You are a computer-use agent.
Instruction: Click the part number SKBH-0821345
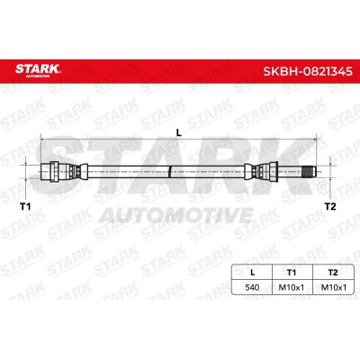click(x=308, y=72)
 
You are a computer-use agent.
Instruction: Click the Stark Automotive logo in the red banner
click(x=38, y=70)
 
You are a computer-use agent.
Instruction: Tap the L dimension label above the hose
click(x=179, y=132)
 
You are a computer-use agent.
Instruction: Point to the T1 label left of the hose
click(x=25, y=206)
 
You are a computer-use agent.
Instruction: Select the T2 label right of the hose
click(x=330, y=206)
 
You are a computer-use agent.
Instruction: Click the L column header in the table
click(x=252, y=273)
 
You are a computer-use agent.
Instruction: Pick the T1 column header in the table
click(x=292, y=273)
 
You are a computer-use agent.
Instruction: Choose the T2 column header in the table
click(x=333, y=273)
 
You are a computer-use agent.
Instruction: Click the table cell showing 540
click(x=252, y=287)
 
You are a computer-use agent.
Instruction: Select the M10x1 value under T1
click(x=292, y=287)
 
